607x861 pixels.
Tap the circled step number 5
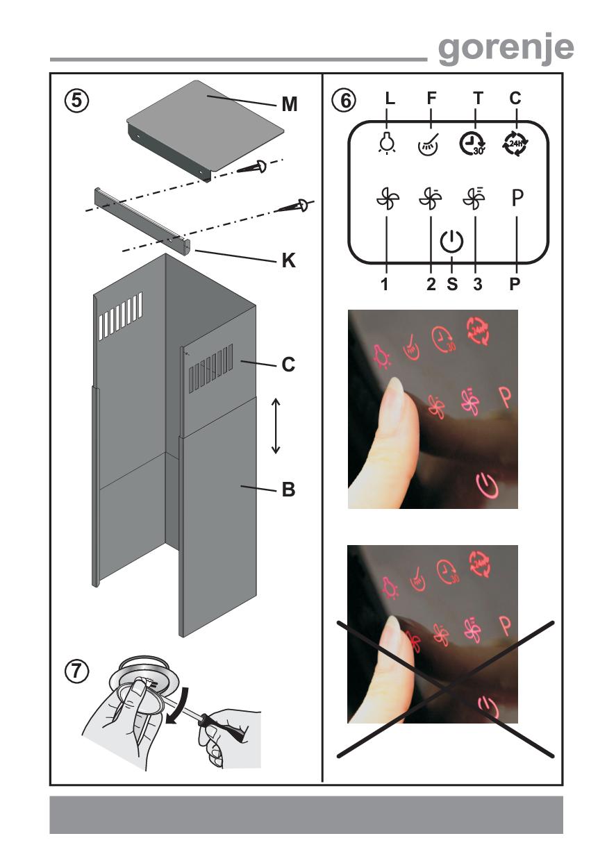pyautogui.click(x=76, y=101)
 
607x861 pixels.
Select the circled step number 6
pyautogui.click(x=343, y=101)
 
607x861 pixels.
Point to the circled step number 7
pyautogui.click(x=76, y=672)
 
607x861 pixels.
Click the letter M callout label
pyautogui.click(x=289, y=104)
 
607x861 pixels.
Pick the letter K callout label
pyautogui.click(x=289, y=260)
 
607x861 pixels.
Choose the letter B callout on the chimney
pyautogui.click(x=289, y=490)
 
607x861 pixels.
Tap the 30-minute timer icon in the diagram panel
pyautogui.click(x=473, y=144)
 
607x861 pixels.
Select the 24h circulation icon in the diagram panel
pyautogui.click(x=515, y=143)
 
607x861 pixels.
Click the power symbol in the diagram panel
pyautogui.click(x=451, y=241)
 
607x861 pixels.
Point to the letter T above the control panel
pyautogui.click(x=477, y=99)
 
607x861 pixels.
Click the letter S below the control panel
pyautogui.click(x=452, y=284)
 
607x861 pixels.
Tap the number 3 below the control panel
pyautogui.click(x=477, y=284)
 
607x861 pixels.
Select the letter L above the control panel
pyautogui.click(x=390, y=99)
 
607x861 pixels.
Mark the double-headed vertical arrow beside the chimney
pyautogui.click(x=275, y=426)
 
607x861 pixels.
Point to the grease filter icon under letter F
pyautogui.click(x=429, y=144)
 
